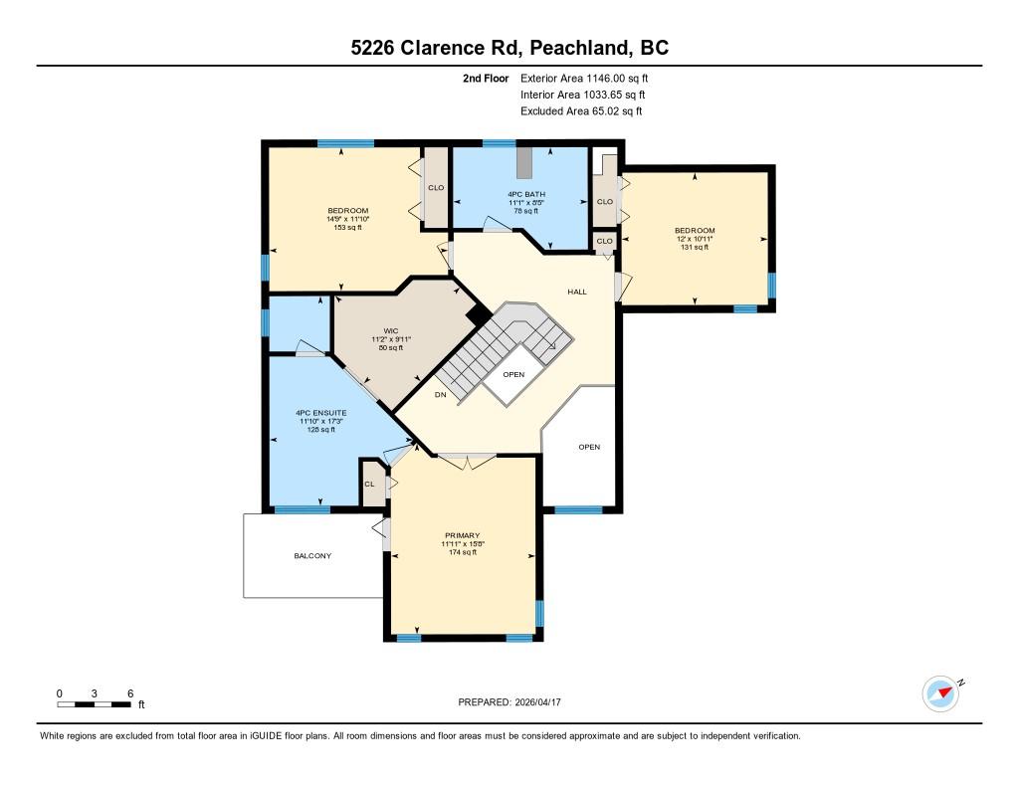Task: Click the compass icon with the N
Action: [x=941, y=693]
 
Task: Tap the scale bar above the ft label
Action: [x=95, y=704]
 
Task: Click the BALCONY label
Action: [x=312, y=555]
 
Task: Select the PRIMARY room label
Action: [x=463, y=535]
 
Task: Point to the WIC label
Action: [x=391, y=330]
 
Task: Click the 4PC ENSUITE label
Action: [x=321, y=413]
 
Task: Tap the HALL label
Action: [x=577, y=292]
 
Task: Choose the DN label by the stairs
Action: [x=441, y=394]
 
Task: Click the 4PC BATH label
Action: [x=526, y=194]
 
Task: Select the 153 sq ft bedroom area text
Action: [x=347, y=228]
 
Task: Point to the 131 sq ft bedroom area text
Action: [x=695, y=247]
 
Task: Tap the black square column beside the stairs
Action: [x=479, y=315]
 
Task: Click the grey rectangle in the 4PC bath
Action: [x=524, y=162]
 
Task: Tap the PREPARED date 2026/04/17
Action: [x=537, y=701]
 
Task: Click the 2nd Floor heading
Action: [x=486, y=78]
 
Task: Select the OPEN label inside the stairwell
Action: [x=513, y=374]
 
